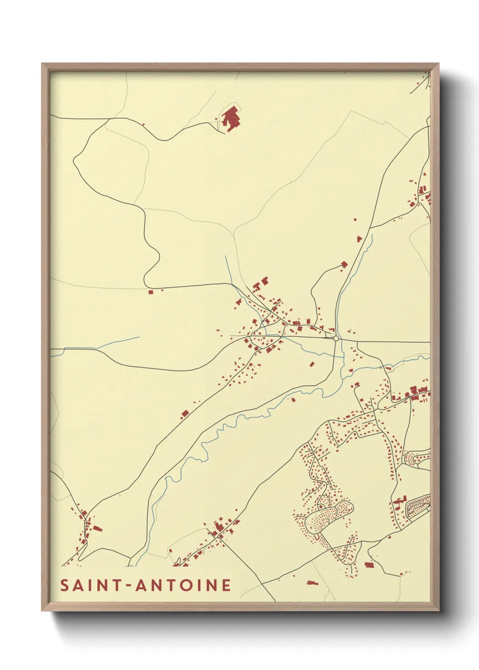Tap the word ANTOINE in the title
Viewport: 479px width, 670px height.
184,585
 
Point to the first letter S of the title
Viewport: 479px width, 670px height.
65,585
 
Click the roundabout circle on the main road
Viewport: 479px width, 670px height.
336,338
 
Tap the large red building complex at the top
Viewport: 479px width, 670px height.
231,118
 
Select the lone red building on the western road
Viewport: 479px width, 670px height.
151,292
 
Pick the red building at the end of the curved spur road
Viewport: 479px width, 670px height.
344,264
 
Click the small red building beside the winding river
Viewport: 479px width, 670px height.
293,400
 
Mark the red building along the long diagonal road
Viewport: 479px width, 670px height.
184,413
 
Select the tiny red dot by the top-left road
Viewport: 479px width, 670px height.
143,124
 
